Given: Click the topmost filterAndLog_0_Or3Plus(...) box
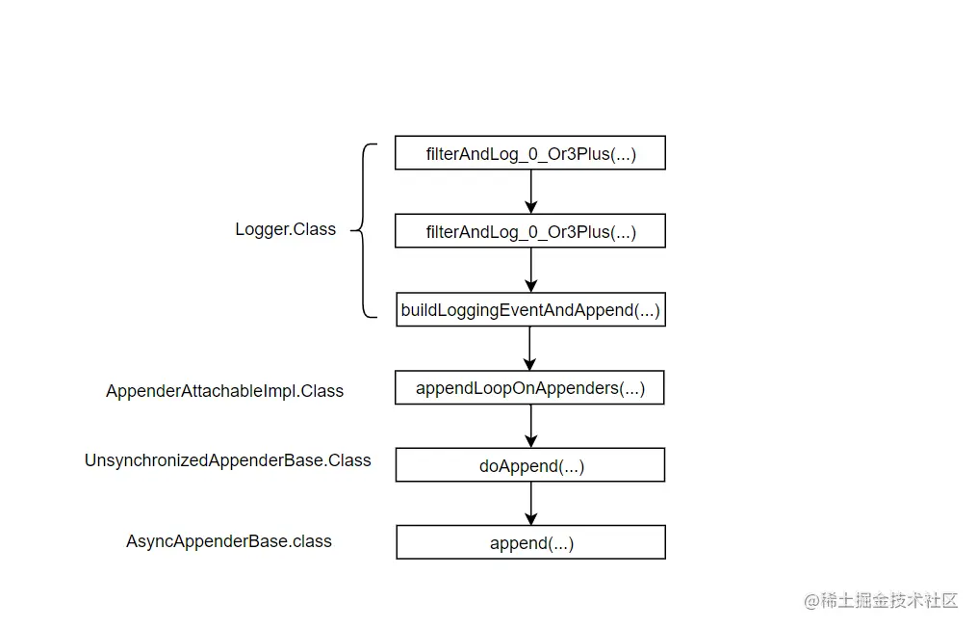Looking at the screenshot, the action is [x=530, y=153].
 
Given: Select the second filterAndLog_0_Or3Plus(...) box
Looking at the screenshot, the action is [x=530, y=230].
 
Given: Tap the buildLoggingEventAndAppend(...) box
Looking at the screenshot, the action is [x=531, y=309].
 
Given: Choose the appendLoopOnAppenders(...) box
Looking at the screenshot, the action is [x=529, y=388].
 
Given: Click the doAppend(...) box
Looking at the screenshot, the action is [x=530, y=465].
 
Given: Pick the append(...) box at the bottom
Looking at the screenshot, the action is [x=531, y=542].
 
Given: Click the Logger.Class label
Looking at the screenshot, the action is [x=285, y=229].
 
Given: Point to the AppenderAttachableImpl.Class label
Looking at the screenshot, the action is [x=224, y=391].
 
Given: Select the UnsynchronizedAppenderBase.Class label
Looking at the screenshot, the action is [x=227, y=460].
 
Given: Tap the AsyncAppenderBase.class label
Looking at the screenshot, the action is [x=229, y=541].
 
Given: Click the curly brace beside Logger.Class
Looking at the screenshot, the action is [x=363, y=230].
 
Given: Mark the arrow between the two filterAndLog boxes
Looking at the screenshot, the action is [x=531, y=192].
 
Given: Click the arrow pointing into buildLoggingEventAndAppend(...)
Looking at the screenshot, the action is [x=531, y=270].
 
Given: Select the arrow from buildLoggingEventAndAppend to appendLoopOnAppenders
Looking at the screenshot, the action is [x=529, y=349].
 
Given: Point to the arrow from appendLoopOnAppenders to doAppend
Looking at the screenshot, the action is [x=531, y=427].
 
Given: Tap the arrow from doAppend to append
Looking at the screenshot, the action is [x=531, y=504].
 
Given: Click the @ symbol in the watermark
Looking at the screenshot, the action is [x=811, y=601].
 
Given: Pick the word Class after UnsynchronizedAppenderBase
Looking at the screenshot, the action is [x=349, y=460].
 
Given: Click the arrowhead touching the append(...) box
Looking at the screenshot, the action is [x=531, y=519].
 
